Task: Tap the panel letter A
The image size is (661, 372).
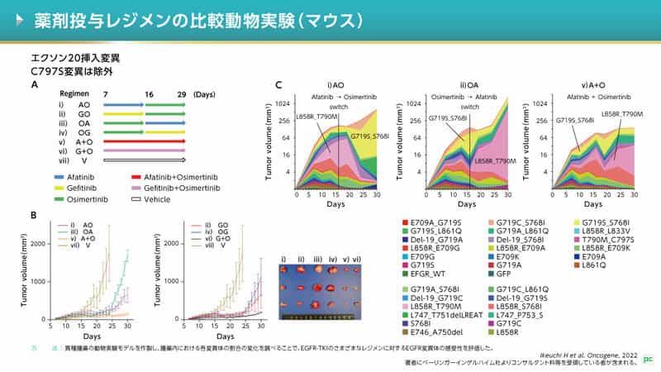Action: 34,84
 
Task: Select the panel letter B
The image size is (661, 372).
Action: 34,215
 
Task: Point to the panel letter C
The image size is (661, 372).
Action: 278,84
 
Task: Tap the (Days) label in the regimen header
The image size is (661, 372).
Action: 204,95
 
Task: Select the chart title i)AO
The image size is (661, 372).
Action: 335,85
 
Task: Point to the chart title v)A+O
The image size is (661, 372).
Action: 594,85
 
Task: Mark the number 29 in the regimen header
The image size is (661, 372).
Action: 181,95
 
